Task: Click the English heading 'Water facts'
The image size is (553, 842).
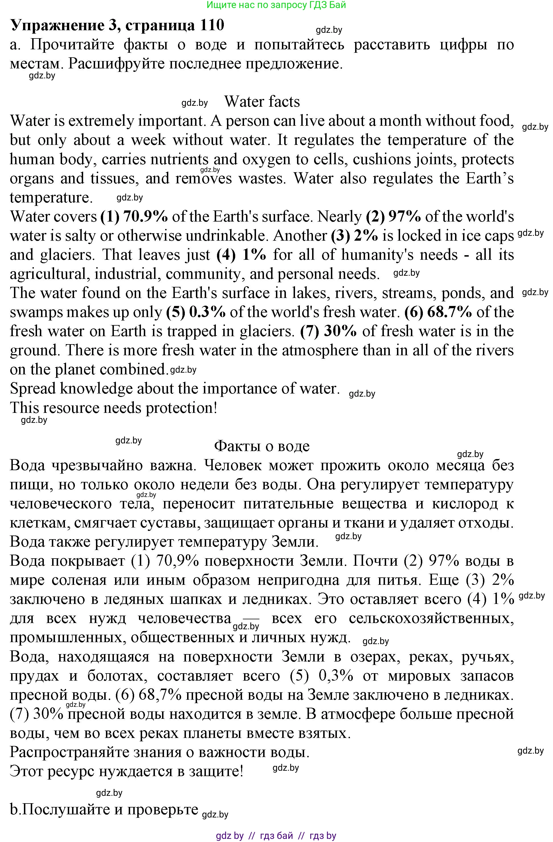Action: [x=262, y=102]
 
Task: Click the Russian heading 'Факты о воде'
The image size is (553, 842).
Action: [x=262, y=446]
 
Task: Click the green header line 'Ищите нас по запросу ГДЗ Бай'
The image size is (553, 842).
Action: [x=276, y=5]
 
